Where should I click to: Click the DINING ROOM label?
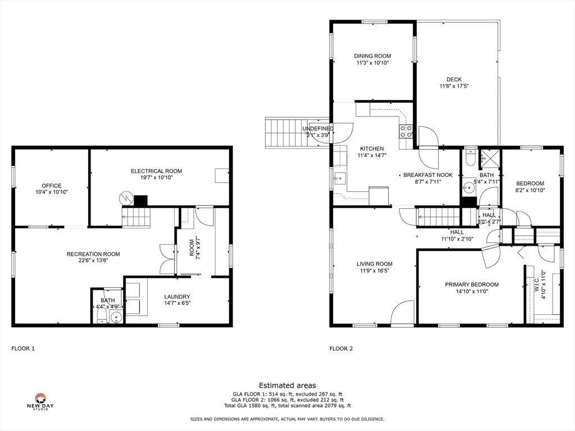(372, 56)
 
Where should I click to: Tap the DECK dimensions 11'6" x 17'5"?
(454, 86)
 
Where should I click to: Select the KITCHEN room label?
(372, 149)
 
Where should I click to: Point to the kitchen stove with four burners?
(406, 131)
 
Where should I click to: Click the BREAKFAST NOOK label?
(428, 175)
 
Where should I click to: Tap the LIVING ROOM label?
(375, 264)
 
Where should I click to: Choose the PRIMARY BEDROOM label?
(472, 285)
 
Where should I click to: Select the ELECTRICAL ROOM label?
(156, 171)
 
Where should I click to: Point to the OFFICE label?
(51, 186)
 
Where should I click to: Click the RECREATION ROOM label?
(93, 254)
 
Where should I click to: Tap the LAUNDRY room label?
(177, 297)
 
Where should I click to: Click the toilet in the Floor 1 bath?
(102, 317)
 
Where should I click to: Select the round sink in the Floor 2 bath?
(468, 188)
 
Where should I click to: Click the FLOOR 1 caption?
(23, 349)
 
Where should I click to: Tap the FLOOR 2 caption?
(341, 349)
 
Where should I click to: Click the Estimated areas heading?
(287, 386)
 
